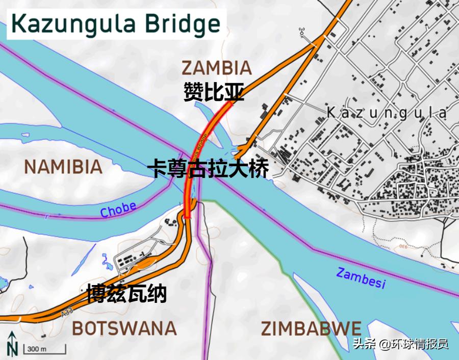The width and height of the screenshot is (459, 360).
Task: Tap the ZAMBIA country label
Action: tap(217, 68)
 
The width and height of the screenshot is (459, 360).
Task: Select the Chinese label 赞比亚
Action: tap(214, 93)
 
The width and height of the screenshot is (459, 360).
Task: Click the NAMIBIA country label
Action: tap(63, 167)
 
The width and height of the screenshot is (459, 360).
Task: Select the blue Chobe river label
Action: tap(118, 210)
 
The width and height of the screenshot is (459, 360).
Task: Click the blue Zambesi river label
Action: tap(361, 278)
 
